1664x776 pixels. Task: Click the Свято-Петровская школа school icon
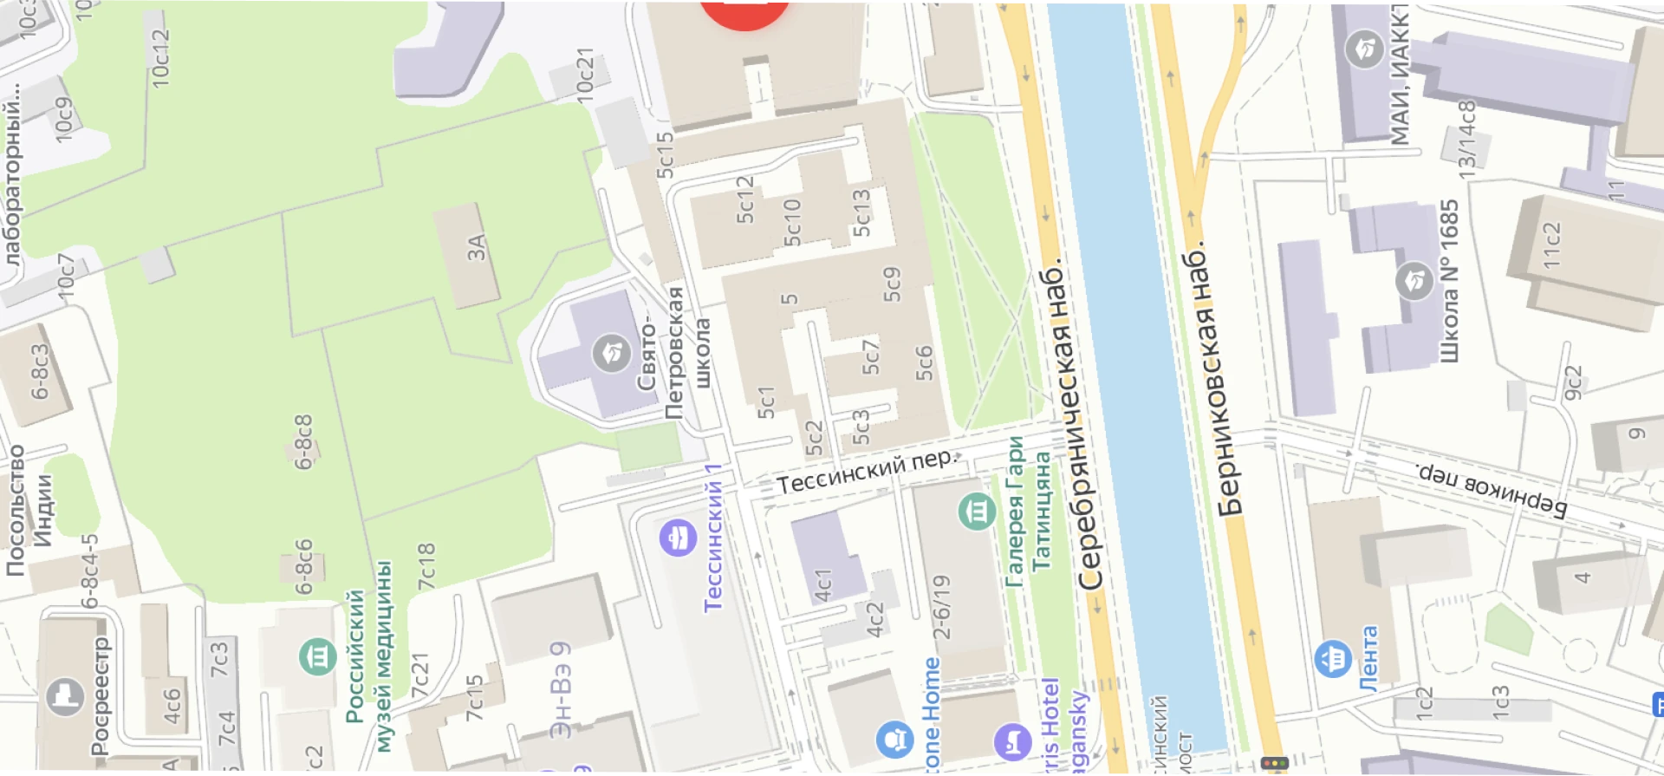click(x=611, y=353)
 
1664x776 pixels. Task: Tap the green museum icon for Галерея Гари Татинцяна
click(x=977, y=512)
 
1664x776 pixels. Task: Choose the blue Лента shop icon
click(x=1333, y=659)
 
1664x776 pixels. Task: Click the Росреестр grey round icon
click(x=65, y=696)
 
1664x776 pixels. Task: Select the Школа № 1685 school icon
click(x=1414, y=282)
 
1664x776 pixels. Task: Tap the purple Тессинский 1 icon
click(x=678, y=538)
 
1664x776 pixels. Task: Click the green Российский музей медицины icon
click(x=318, y=656)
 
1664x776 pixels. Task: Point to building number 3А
click(x=476, y=249)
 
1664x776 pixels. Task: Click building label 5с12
click(x=744, y=200)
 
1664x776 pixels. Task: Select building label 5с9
click(x=892, y=284)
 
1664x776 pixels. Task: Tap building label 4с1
click(x=823, y=585)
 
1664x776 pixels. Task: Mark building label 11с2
click(x=1551, y=245)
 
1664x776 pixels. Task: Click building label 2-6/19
click(x=941, y=607)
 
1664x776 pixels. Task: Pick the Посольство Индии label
click(x=29, y=512)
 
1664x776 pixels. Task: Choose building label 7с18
click(x=426, y=567)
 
